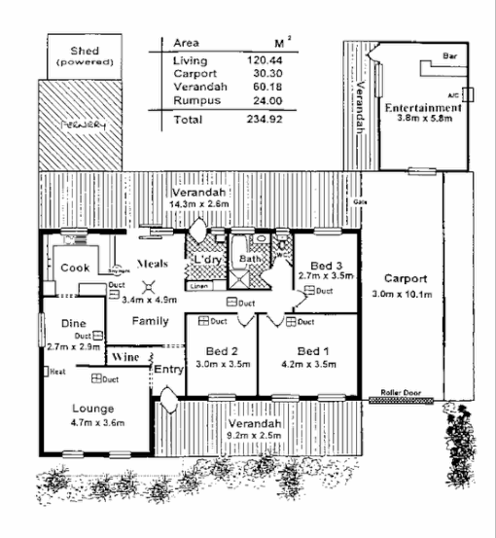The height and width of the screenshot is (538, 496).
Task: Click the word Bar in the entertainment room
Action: pos(449,56)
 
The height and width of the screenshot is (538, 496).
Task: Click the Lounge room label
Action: pos(91,408)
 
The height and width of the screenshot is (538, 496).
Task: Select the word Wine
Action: pos(124,358)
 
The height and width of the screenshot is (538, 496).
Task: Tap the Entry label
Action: pos(169,369)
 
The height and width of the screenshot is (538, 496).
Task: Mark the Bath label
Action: pos(252,260)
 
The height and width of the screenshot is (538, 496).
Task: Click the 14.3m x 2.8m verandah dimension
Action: pos(198,205)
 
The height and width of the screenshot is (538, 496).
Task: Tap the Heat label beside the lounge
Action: pos(57,372)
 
